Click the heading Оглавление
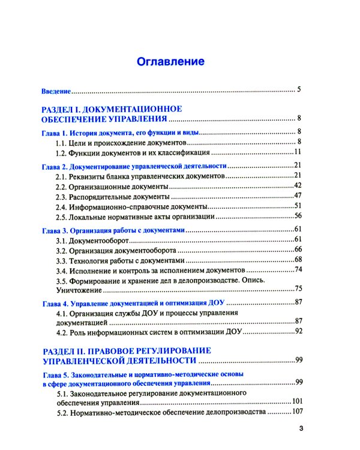pos(171,62)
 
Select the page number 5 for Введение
pos(298,91)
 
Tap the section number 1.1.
pos(62,142)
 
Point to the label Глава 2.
pos(54,166)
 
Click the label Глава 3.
pos(54,230)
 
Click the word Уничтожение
pos(78,290)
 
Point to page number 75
pos(297,289)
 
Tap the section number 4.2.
pos(62,331)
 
